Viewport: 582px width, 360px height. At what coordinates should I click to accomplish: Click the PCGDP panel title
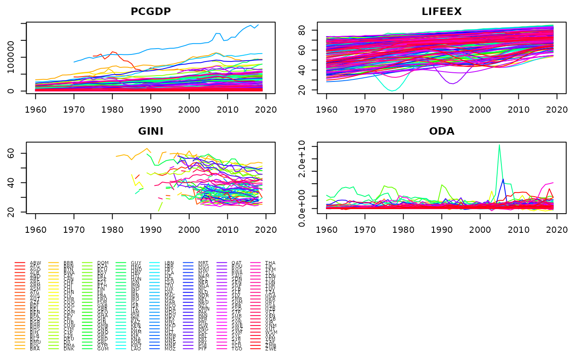[150, 12]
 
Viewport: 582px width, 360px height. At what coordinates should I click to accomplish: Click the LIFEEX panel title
[441, 12]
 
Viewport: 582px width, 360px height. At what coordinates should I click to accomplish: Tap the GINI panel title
[150, 132]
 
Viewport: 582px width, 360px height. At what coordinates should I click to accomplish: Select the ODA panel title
[441, 132]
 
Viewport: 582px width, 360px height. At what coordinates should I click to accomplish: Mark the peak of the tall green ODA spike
[499, 145]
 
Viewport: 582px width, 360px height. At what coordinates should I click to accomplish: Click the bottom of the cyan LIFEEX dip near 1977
[392, 91]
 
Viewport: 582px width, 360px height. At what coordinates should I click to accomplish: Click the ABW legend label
[36, 263]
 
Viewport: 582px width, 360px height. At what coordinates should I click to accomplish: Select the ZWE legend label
[271, 349]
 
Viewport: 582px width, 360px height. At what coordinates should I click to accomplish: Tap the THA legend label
[271, 263]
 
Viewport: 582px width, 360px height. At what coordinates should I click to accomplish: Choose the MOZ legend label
[204, 349]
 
